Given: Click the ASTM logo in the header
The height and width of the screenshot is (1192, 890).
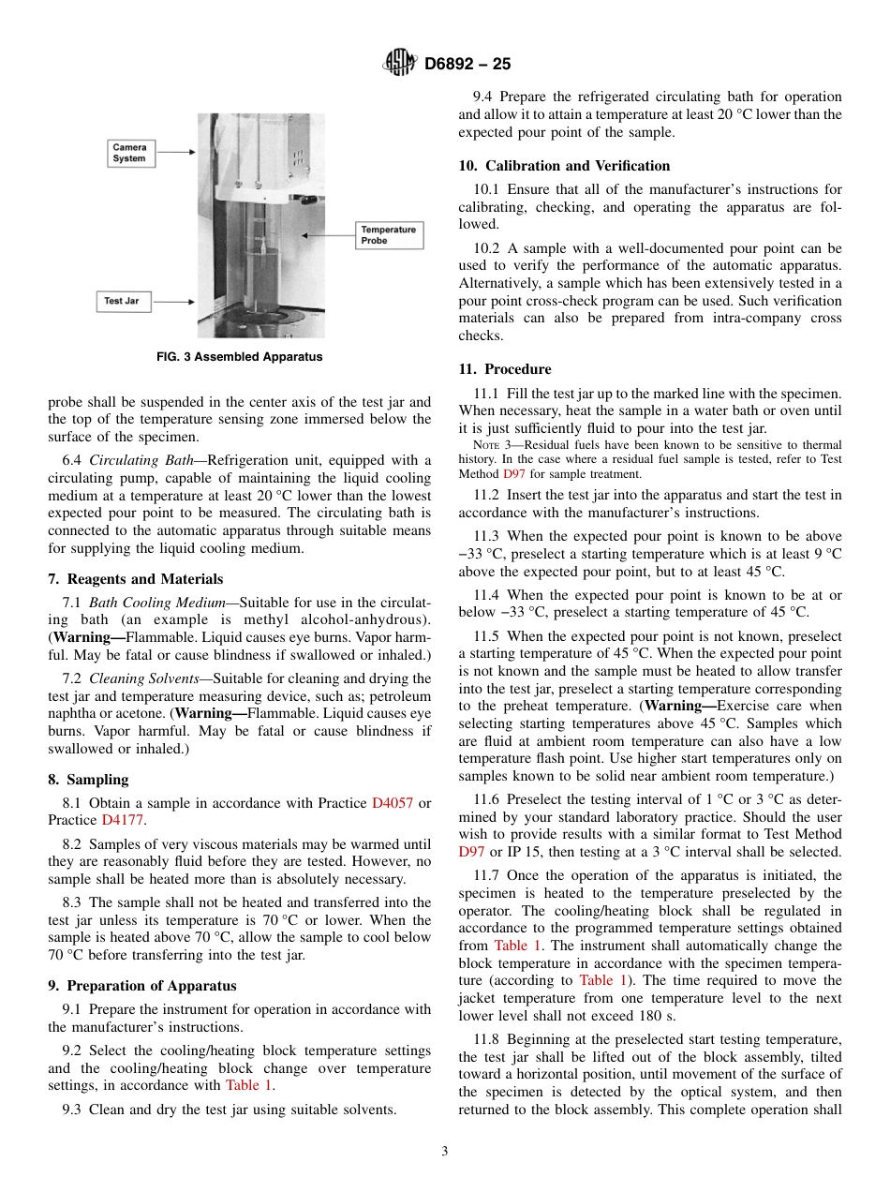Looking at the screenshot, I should click(x=400, y=64).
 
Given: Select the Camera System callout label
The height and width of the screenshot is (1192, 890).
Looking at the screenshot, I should click(x=129, y=153).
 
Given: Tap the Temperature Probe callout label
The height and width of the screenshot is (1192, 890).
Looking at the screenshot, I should click(x=388, y=235).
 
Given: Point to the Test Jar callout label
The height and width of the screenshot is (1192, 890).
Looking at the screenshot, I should click(x=122, y=302).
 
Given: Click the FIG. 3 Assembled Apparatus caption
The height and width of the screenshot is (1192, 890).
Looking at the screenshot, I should click(x=239, y=357).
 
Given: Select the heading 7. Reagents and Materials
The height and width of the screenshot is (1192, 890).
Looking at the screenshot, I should click(x=136, y=579).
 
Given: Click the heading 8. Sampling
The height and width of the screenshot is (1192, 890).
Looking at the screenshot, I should click(x=88, y=780).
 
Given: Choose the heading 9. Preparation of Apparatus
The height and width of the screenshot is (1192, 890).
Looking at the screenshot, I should click(x=141, y=986).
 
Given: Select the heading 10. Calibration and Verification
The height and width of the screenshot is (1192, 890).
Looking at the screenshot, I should click(x=564, y=166).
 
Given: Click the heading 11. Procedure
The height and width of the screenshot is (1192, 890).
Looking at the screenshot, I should click(x=505, y=369).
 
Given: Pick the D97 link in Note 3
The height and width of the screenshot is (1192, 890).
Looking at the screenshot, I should click(x=514, y=474).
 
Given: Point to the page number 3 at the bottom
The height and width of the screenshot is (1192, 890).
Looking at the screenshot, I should click(x=445, y=1152).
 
